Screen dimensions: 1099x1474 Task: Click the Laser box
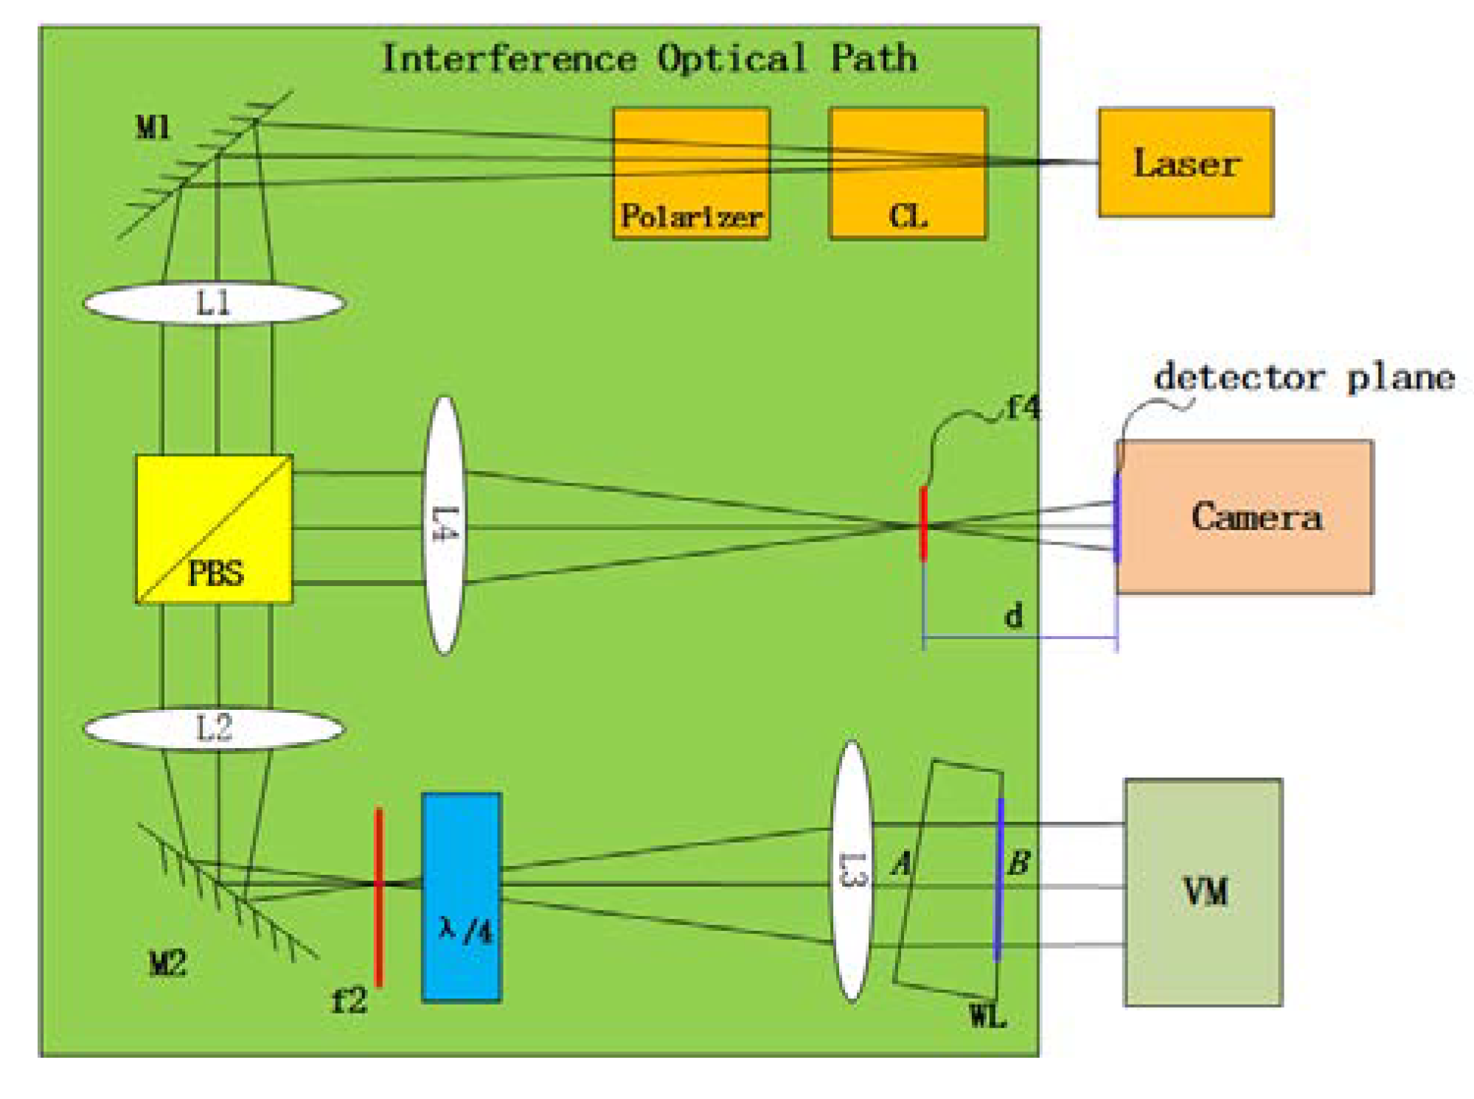pyautogui.click(x=1185, y=163)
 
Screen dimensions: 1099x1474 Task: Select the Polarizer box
pyautogui.click(x=691, y=174)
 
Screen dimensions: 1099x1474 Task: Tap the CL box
pyautogui.click(x=907, y=174)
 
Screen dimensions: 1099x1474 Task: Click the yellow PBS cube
pyautogui.click(x=214, y=529)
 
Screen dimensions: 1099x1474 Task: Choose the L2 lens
pyautogui.click(x=214, y=728)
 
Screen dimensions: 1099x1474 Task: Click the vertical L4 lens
pyautogui.click(x=444, y=525)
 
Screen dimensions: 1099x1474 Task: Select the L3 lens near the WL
pyautogui.click(x=852, y=871)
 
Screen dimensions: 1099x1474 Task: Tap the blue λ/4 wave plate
pyautogui.click(x=462, y=897)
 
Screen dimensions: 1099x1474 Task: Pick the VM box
pyautogui.click(x=1203, y=892)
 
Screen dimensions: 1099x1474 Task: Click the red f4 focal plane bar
pyautogui.click(x=923, y=523)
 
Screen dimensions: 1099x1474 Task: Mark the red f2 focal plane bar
pyautogui.click(x=379, y=896)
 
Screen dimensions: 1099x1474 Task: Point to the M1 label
pyautogui.click(x=153, y=128)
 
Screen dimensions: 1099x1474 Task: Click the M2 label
pyautogui.click(x=167, y=963)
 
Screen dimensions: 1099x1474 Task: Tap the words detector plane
pyautogui.click(x=1304, y=377)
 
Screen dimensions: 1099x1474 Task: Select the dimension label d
pyautogui.click(x=1014, y=615)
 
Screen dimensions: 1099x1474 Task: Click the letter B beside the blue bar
pyautogui.click(x=1018, y=862)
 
